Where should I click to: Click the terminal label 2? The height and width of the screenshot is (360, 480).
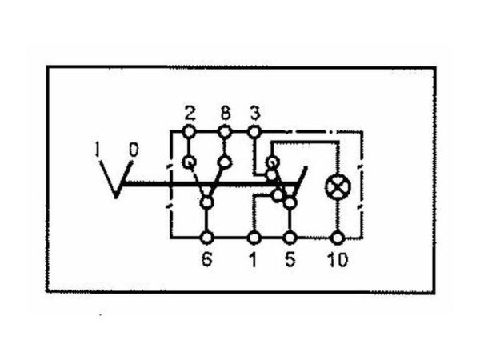[190, 114]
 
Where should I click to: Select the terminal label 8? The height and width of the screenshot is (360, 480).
[225, 113]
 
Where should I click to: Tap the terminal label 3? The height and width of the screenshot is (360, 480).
[254, 113]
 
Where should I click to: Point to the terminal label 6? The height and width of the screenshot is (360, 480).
[206, 259]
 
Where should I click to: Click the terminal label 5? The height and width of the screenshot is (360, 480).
[290, 259]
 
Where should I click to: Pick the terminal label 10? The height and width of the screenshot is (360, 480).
[338, 259]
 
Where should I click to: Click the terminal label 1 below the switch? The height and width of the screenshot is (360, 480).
[253, 259]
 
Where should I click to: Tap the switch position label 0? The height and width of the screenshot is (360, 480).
[134, 150]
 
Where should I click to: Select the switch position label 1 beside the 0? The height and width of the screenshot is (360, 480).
[98, 150]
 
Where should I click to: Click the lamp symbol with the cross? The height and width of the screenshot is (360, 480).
[338, 187]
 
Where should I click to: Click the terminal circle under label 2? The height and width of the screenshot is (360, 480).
[189, 132]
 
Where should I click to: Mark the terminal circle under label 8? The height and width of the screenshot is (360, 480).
[225, 132]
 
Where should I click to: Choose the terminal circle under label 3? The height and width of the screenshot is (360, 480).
[254, 132]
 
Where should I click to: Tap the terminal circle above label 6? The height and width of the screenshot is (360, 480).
[207, 238]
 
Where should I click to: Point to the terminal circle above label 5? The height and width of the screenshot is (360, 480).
[290, 238]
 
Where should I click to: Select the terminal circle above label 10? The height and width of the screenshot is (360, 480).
[338, 238]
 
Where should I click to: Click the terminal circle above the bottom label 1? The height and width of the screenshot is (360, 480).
[254, 238]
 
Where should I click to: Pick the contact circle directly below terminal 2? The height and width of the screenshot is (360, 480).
[189, 162]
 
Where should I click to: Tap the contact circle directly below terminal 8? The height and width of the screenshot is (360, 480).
[225, 162]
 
